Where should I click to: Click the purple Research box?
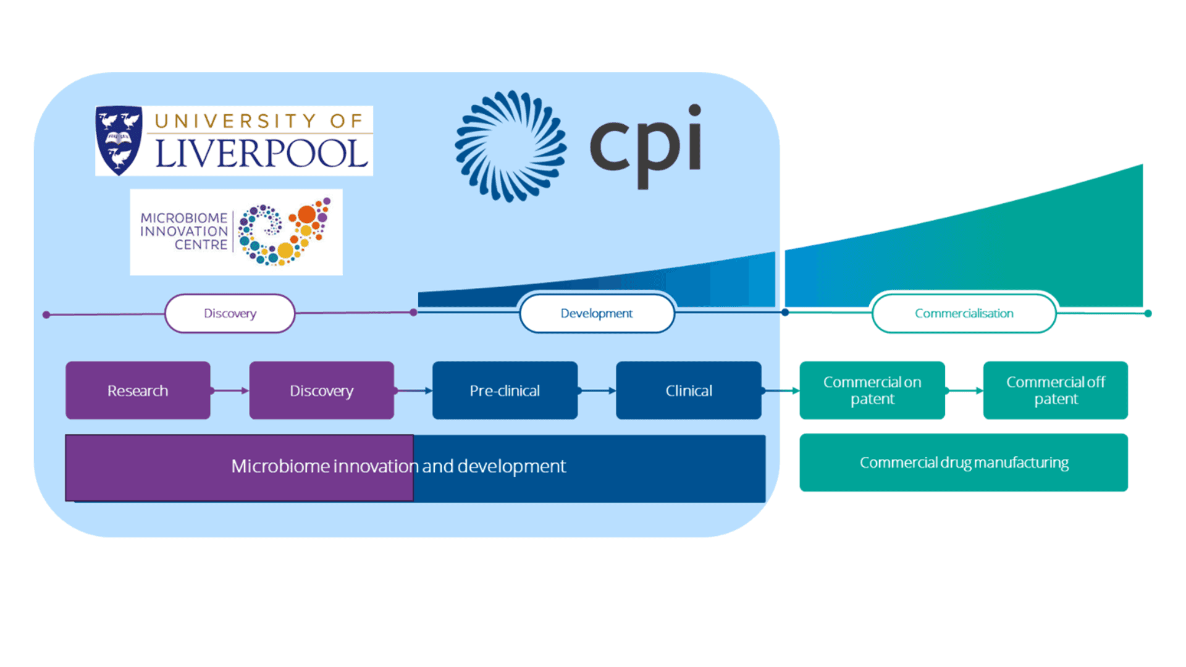(x=138, y=390)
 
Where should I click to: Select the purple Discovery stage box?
(x=321, y=390)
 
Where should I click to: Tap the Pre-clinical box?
(x=505, y=390)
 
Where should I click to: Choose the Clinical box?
(x=688, y=390)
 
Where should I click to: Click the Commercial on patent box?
(x=872, y=390)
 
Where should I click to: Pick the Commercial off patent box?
(x=1056, y=390)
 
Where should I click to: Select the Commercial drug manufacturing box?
(x=964, y=463)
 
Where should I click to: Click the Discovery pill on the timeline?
(x=230, y=313)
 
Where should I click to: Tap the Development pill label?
(x=597, y=313)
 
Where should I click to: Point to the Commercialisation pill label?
(x=964, y=313)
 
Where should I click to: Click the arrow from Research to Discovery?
(x=230, y=390)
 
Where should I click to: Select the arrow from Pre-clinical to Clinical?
(x=597, y=390)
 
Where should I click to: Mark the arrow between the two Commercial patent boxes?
(x=964, y=390)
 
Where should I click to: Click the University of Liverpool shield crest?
(x=119, y=140)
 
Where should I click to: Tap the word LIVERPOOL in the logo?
(x=261, y=153)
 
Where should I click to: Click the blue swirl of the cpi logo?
(x=511, y=146)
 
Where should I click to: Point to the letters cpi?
(x=646, y=145)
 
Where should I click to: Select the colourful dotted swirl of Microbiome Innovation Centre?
(x=284, y=232)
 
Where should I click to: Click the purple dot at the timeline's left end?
(x=46, y=315)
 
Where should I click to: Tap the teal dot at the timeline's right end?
(x=1148, y=314)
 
